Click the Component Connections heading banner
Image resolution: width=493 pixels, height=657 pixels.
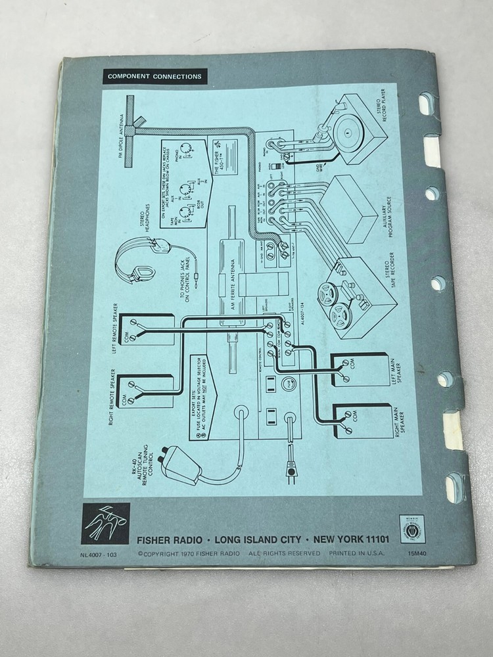(154, 77)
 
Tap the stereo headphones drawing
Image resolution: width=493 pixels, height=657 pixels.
(134, 263)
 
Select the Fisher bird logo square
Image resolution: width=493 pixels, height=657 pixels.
(105, 524)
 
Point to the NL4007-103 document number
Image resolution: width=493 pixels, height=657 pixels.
(98, 554)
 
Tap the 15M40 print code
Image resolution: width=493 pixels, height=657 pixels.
(417, 554)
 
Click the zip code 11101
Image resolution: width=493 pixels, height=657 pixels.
(371, 540)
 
